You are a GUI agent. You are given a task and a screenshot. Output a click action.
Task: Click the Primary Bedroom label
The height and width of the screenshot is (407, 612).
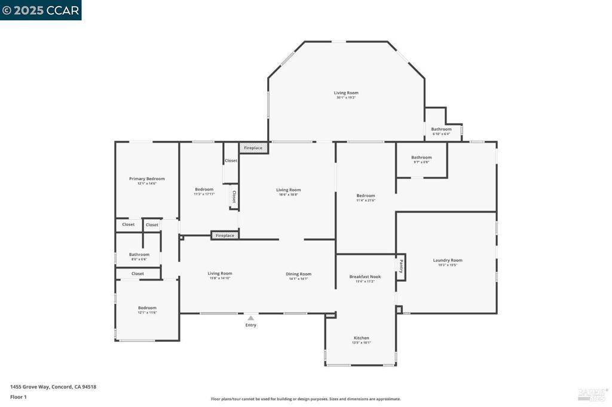click(x=146, y=178)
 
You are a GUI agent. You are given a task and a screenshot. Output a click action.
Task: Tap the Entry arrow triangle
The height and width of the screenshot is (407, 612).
click(x=250, y=318)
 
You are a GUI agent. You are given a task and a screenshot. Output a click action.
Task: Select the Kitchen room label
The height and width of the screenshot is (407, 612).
click(x=361, y=338)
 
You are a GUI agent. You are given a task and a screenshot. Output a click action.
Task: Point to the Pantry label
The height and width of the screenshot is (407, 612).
click(x=401, y=266)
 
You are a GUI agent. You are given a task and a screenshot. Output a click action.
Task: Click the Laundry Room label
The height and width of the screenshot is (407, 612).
click(x=447, y=260)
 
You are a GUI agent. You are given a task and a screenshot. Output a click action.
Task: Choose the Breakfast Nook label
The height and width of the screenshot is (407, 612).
click(x=365, y=277)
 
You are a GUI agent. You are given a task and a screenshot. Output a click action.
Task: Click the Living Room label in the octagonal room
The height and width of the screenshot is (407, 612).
click(x=345, y=93)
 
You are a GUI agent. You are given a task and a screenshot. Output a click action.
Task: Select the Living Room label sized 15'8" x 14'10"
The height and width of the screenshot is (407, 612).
click(x=220, y=273)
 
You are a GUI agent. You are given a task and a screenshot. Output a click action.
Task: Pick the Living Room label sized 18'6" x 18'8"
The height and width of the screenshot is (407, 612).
click(x=288, y=190)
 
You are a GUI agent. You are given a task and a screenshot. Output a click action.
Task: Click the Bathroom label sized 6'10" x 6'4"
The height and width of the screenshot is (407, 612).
click(x=441, y=129)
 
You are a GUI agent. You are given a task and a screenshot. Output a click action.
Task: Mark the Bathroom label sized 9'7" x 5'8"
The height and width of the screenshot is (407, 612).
click(x=421, y=158)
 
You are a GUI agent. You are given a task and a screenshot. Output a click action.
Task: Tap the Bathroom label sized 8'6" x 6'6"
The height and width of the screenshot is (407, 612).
click(x=139, y=255)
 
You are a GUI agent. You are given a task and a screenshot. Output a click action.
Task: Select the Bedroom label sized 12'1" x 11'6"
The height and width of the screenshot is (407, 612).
click(x=147, y=308)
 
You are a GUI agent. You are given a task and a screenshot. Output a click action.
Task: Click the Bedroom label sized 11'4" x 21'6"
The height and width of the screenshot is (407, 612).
click(x=365, y=196)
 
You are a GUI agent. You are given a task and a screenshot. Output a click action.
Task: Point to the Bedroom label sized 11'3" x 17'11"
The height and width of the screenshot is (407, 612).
click(x=204, y=190)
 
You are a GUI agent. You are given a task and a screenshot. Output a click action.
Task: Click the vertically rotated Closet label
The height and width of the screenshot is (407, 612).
click(x=234, y=196)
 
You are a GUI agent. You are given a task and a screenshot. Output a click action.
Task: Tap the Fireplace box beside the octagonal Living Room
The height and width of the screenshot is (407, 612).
click(x=253, y=147)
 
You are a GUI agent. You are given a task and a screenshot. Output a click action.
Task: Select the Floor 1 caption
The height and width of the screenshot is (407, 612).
click(x=18, y=397)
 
